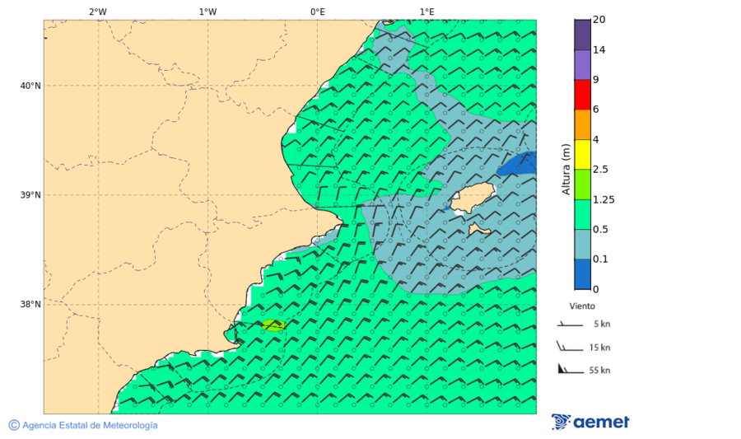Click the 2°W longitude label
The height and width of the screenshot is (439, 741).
click(97, 12)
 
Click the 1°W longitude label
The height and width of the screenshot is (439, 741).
click(207, 12)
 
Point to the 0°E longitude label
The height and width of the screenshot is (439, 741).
click(317, 12)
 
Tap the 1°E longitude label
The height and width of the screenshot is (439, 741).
click(427, 12)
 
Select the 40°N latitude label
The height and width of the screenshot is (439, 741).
click(30, 86)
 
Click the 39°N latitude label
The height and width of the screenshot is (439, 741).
click(30, 195)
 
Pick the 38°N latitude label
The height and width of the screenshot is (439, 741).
click(30, 304)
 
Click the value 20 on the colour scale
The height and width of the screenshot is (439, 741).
click(599, 20)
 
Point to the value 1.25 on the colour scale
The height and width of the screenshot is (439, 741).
click(604, 199)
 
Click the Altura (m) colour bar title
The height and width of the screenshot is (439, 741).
click(566, 169)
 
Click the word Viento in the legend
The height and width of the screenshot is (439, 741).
click(582, 306)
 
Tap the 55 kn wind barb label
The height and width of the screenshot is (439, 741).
click(599, 370)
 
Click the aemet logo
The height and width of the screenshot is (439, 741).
click(590, 422)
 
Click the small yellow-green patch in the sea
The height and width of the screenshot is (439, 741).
click(273, 325)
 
